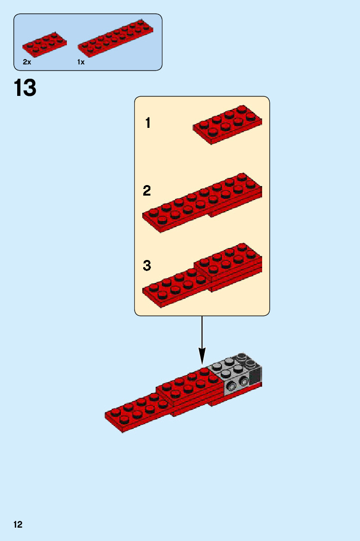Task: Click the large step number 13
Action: click(x=25, y=88)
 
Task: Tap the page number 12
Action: click(x=18, y=525)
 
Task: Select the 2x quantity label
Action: click(x=27, y=62)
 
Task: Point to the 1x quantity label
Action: click(x=81, y=62)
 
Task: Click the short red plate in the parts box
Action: click(x=44, y=43)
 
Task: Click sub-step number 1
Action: click(x=148, y=123)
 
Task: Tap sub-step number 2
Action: click(x=147, y=191)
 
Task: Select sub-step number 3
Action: click(x=147, y=265)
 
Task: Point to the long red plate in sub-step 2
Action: click(x=202, y=203)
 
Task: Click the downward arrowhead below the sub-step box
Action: click(x=202, y=355)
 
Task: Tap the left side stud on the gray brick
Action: click(x=232, y=386)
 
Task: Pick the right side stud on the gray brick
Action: click(x=244, y=381)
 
